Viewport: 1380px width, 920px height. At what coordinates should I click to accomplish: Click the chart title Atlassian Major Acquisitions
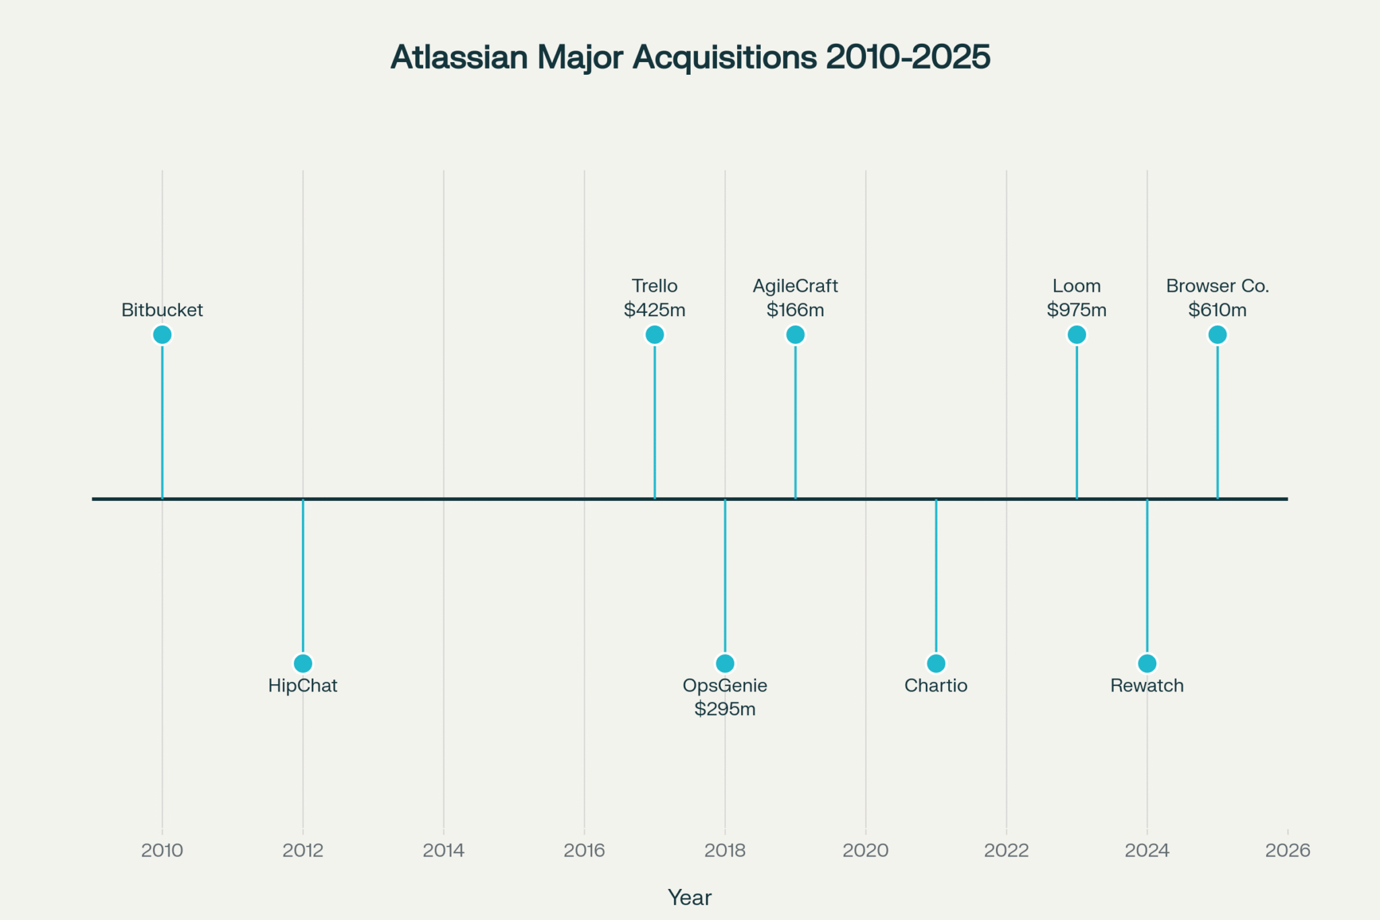tap(690, 57)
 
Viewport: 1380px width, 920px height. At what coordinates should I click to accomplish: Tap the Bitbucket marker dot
tap(162, 334)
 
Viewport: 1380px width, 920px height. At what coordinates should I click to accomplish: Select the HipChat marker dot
tap(303, 663)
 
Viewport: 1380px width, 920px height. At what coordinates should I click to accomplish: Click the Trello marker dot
tap(654, 334)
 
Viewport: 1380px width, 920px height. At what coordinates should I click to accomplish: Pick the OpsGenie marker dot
tap(725, 663)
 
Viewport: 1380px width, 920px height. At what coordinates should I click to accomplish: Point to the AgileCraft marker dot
tap(795, 334)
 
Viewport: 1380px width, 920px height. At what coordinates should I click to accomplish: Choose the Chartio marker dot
tap(936, 663)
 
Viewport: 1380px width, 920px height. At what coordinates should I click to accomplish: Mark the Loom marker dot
tap(1077, 334)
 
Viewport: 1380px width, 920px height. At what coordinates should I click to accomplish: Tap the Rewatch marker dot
tap(1147, 663)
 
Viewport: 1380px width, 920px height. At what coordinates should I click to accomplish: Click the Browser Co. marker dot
tap(1218, 334)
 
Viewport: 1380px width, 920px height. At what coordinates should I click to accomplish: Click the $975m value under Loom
tap(1077, 310)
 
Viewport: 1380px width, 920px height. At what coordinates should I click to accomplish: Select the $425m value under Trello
tap(654, 310)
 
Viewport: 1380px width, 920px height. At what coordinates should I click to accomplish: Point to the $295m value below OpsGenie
tap(725, 709)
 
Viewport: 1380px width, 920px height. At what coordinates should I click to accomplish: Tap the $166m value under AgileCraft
tap(795, 310)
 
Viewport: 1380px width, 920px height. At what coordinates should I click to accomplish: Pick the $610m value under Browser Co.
tap(1218, 310)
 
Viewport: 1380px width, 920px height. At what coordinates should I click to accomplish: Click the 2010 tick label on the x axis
tap(162, 851)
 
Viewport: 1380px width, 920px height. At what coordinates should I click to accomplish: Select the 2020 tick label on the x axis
tap(866, 851)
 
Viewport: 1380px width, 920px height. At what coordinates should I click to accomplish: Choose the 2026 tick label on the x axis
tap(1288, 851)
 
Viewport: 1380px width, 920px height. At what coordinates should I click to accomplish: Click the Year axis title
tap(690, 898)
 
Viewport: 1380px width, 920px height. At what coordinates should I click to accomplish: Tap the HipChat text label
tap(303, 685)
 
